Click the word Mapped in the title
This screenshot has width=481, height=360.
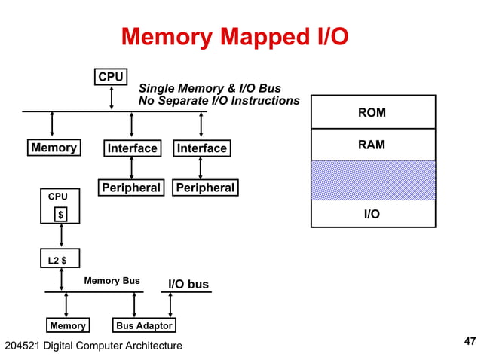(240, 36)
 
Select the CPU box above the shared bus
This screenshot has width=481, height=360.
(111, 77)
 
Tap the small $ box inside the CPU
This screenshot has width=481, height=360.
(61, 215)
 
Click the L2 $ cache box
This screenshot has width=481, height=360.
(60, 260)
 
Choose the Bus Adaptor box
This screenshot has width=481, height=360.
(143, 325)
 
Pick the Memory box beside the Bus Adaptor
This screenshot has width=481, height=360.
(67, 325)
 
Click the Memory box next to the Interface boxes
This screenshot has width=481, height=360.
(54, 148)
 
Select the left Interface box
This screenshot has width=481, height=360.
(132, 148)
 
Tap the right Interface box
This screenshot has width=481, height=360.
(201, 148)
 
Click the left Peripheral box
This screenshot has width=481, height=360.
(130, 188)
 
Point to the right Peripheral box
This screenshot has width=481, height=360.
(205, 188)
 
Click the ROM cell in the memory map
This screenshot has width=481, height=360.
(372, 112)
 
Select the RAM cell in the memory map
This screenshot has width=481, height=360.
(372, 145)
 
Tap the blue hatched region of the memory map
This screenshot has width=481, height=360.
(372, 180)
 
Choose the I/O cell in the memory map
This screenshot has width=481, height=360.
(372, 214)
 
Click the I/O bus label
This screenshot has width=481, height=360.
(187, 284)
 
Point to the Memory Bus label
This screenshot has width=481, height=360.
(112, 281)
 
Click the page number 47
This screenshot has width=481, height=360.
(469, 342)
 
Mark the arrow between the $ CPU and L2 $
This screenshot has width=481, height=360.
(60, 236)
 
